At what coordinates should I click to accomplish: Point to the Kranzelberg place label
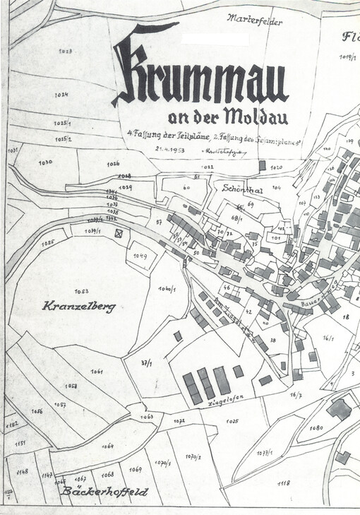coord(78,307)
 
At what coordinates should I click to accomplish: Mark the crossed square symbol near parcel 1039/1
coord(119,232)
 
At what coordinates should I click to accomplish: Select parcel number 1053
coord(80,290)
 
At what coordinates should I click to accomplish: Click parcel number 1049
coord(139,256)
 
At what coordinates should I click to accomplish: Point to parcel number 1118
coord(284,483)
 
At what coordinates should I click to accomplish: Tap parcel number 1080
coord(316,428)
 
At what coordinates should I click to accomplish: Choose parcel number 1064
coord(107,446)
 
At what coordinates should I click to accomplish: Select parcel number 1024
coord(63,95)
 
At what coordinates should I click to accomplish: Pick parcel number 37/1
coord(147,363)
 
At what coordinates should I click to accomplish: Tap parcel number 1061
coord(97,372)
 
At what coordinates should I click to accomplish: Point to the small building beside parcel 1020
coord(262,165)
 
